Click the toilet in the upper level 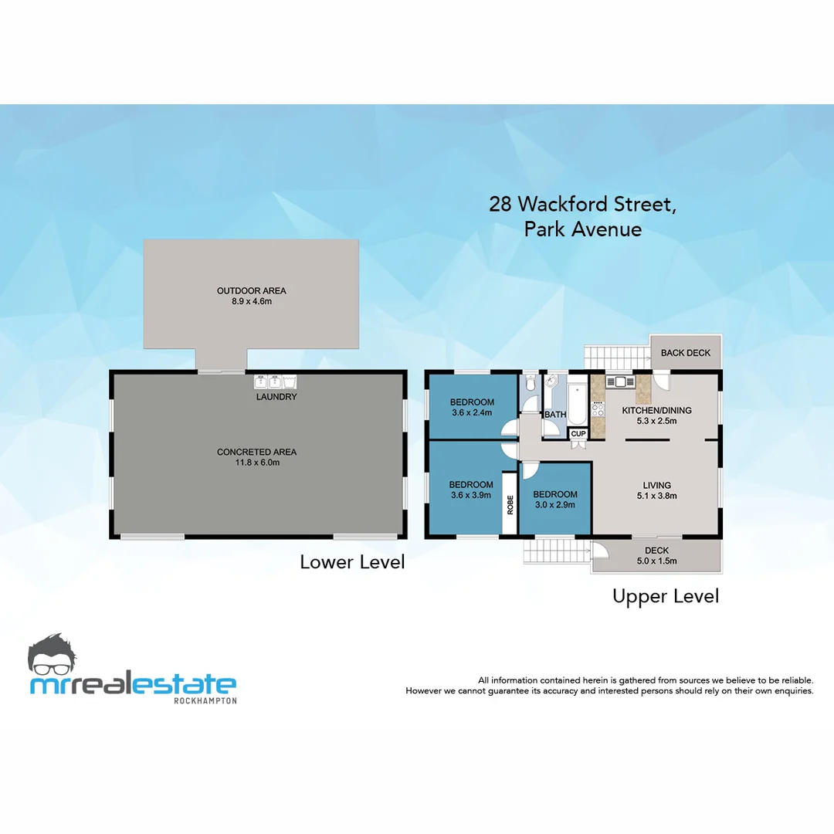coord(530,384)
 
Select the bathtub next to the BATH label coord(578,398)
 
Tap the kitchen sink coord(619,381)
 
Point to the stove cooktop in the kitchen coord(598,408)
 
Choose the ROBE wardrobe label coord(510,503)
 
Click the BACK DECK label coord(686,353)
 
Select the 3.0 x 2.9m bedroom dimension coord(554,505)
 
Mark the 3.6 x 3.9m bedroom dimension coord(471,496)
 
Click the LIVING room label coord(657,485)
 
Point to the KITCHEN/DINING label coord(657,410)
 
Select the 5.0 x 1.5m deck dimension coord(656,561)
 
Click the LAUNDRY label coord(276,397)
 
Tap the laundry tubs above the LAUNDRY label coord(275,381)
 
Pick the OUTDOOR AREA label coord(251,290)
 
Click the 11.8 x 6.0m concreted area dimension coord(257,463)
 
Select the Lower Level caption coord(352,562)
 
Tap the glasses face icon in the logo coord(53,656)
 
